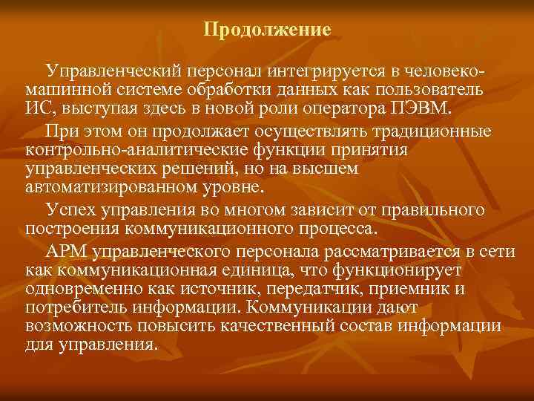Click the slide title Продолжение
point(267,30)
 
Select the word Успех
point(69,210)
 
